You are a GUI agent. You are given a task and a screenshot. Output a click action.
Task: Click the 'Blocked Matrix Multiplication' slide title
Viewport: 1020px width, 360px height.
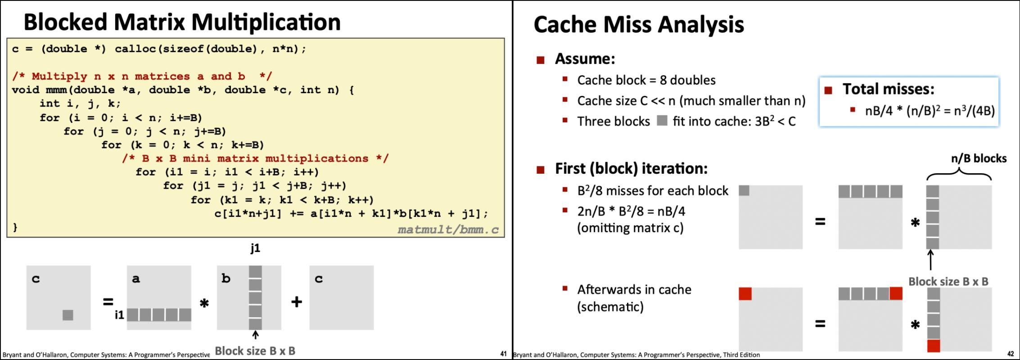coord(182,22)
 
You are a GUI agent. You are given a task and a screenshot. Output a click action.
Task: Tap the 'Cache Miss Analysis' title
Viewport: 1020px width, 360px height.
coord(638,24)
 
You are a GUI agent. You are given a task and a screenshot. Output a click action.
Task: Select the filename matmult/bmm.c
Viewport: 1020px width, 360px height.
coord(448,230)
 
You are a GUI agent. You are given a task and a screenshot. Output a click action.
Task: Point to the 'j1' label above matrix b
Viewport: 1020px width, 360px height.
coord(255,248)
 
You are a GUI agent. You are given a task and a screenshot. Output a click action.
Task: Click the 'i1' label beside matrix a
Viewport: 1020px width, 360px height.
coord(119,315)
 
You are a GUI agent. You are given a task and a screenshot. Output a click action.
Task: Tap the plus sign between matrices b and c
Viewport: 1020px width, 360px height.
coord(296,301)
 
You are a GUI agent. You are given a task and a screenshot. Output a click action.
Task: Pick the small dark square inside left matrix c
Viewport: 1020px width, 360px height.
coord(68,315)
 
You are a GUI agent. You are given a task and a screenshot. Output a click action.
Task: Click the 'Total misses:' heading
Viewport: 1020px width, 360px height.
coord(888,89)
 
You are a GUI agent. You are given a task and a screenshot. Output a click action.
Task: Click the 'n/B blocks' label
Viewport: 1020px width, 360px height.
coord(979,158)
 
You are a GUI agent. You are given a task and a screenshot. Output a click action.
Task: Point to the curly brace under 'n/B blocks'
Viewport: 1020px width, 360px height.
coord(959,175)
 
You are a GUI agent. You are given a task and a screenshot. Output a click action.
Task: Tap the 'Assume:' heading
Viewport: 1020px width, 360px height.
coord(585,58)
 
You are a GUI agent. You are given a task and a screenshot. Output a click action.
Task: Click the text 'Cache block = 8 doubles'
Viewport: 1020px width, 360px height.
coord(646,80)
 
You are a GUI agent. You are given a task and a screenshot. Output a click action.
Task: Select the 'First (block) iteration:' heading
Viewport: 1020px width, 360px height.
coord(631,168)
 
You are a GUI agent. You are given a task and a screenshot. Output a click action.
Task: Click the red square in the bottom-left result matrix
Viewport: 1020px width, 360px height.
coord(745,294)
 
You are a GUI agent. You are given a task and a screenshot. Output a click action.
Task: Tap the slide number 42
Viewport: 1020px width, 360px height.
coord(1011,354)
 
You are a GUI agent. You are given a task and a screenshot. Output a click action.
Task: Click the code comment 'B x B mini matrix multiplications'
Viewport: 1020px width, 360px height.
coord(255,158)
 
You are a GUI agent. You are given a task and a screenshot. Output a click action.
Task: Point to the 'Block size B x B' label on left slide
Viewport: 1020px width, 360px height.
coord(255,351)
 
